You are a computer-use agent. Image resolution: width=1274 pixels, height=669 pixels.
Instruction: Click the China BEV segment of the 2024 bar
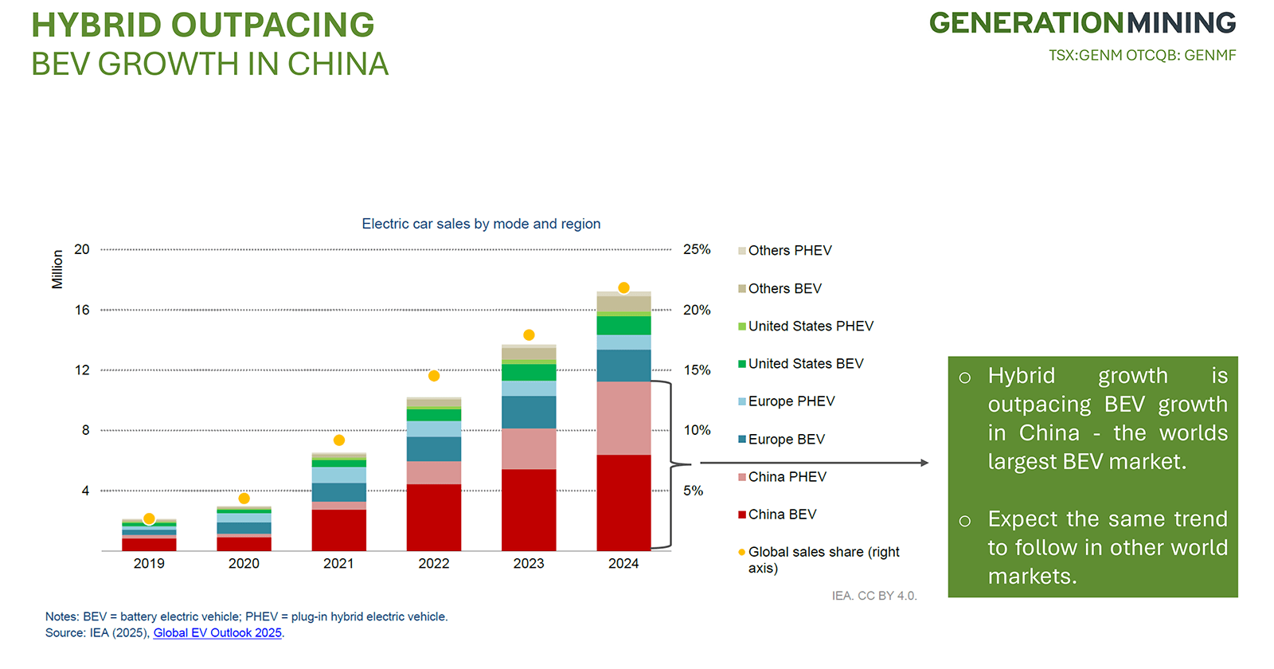pyautogui.click(x=623, y=502)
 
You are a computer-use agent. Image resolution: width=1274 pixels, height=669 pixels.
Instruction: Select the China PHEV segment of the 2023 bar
pyautogui.click(x=529, y=448)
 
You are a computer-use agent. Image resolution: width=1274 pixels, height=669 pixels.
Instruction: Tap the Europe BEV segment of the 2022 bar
pyautogui.click(x=434, y=448)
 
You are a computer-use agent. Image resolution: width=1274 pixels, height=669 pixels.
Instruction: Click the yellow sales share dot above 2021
pyautogui.click(x=339, y=440)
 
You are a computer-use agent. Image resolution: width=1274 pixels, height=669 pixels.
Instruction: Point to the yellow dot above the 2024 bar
pyautogui.click(x=623, y=288)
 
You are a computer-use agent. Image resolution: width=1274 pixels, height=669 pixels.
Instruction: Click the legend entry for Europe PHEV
pyautogui.click(x=791, y=401)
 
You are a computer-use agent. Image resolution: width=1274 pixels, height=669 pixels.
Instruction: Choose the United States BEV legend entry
pyautogui.click(x=805, y=364)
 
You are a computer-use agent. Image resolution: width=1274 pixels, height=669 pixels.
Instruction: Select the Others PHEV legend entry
pyautogui.click(x=789, y=251)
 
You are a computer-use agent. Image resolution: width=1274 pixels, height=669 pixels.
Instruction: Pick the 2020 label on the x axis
pyautogui.click(x=244, y=564)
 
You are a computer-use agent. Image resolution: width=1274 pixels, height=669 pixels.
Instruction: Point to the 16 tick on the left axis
pyautogui.click(x=82, y=310)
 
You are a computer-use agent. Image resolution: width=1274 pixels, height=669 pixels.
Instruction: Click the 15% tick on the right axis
pyautogui.click(x=697, y=370)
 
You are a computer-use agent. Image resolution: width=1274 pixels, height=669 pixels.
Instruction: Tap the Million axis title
pyautogui.click(x=57, y=269)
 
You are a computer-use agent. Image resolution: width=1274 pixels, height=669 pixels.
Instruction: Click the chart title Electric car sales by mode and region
pyautogui.click(x=481, y=224)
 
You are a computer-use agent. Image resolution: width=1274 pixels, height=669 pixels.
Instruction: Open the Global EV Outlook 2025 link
pyautogui.click(x=217, y=633)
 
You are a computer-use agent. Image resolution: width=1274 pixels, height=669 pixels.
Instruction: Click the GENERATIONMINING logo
pyautogui.click(x=1082, y=23)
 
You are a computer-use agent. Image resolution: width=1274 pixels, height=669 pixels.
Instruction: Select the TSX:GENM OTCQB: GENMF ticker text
pyautogui.click(x=1142, y=56)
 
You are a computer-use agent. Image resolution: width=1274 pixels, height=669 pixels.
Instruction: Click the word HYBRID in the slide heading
pyautogui.click(x=96, y=25)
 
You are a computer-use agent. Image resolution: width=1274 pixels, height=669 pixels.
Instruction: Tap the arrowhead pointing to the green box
pyautogui.click(x=924, y=463)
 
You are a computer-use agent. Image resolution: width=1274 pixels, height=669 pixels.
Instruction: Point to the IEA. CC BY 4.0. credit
pyautogui.click(x=874, y=596)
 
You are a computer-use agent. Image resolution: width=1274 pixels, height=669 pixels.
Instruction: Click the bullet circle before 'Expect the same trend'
pyautogui.click(x=965, y=522)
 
